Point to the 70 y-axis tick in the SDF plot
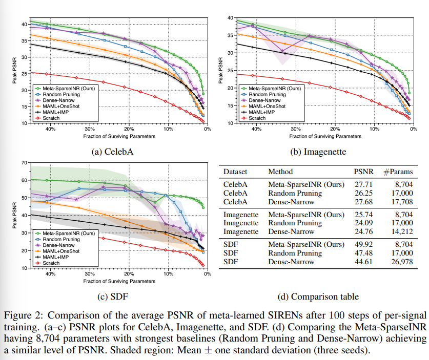click(24, 163)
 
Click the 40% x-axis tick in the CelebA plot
click(50, 130)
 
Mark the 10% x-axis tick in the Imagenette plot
click(374, 130)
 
